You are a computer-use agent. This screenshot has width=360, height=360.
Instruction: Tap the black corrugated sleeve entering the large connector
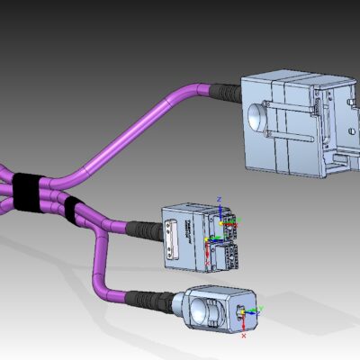click(224, 92)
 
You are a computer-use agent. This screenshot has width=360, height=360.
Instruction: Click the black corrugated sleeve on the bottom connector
click(148, 299)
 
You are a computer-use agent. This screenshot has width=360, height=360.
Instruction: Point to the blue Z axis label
click(220, 195)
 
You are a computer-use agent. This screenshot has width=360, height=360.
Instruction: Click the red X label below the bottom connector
click(244, 335)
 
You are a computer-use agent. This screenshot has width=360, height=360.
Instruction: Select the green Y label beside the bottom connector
click(262, 308)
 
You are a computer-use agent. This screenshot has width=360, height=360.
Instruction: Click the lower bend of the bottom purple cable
click(105, 291)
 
